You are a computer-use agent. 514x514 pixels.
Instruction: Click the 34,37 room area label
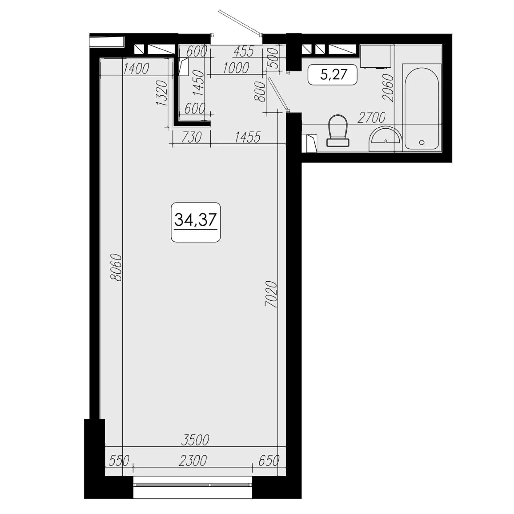(x=196, y=220)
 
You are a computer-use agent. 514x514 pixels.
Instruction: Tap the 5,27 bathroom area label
(x=333, y=74)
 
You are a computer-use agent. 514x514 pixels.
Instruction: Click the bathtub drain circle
(x=422, y=143)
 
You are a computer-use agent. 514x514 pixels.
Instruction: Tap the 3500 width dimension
(x=195, y=440)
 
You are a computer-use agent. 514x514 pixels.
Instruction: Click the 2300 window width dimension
(x=193, y=461)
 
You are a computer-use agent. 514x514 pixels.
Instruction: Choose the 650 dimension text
(x=269, y=461)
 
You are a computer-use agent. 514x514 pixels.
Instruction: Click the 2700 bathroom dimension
(x=371, y=118)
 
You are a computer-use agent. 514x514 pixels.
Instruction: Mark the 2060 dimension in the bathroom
(x=388, y=87)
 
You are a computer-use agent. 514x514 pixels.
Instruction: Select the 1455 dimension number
(x=247, y=137)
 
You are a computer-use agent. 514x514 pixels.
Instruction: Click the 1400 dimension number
(x=136, y=69)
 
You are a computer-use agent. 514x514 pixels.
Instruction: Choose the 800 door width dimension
(x=260, y=92)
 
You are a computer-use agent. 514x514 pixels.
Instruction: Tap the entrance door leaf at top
(x=240, y=22)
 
